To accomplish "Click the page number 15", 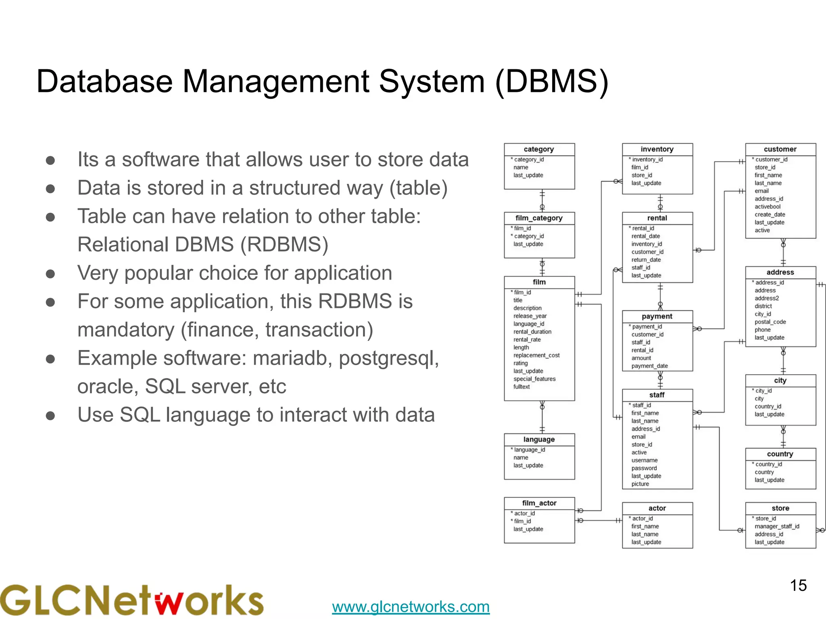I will click(x=798, y=586).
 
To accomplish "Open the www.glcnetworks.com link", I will click(x=411, y=607).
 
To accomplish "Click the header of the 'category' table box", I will click(x=539, y=149).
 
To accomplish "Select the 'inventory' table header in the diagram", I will click(x=657, y=149).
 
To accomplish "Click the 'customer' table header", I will click(x=780, y=149).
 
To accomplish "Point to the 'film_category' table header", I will click(x=539, y=218).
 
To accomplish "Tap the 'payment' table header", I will click(x=657, y=316).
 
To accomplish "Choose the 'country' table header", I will click(x=780, y=454).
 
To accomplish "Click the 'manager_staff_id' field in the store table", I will click(x=777, y=526).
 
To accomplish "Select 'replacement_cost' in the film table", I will click(x=536, y=355).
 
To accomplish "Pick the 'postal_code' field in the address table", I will click(x=770, y=322).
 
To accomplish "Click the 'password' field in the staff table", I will click(x=644, y=468).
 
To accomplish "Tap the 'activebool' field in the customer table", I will click(x=768, y=207).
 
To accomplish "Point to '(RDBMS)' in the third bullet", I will click(x=284, y=245).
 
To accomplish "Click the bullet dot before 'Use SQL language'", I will click(x=50, y=415).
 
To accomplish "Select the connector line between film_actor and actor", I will click(x=599, y=521).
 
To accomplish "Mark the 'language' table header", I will click(x=539, y=440).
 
